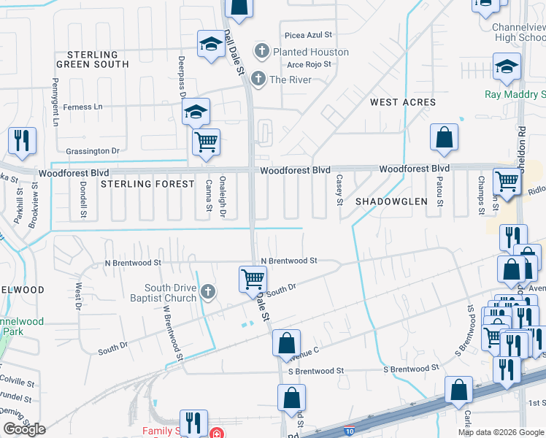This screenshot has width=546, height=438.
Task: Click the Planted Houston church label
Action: pos(310,52)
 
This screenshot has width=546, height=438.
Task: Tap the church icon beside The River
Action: pos(257,80)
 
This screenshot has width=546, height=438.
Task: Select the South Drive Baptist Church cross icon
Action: pos(208,293)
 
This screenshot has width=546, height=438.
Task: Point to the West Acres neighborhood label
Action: pos(403,102)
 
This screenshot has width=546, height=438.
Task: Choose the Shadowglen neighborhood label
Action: pos(391,201)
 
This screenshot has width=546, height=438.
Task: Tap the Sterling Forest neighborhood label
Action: pos(147,184)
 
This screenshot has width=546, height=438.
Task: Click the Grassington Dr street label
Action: pos(92,151)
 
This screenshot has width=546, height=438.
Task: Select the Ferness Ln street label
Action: pos(82,107)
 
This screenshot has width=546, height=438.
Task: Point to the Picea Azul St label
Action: pos(309,34)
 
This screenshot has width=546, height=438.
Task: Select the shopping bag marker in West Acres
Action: pos(444,137)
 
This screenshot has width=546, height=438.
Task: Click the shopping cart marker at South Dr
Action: pos(253,279)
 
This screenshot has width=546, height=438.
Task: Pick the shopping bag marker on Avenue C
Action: pos(287,342)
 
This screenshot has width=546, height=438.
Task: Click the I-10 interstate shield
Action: pos(350,431)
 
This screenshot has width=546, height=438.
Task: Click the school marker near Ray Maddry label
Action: pos(507,67)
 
